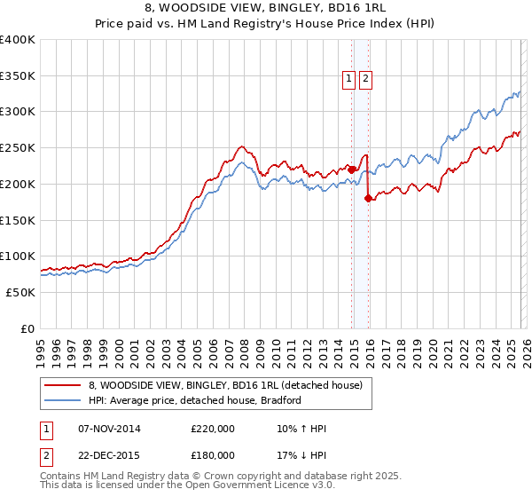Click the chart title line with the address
265,10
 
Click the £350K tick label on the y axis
18,76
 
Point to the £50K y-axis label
20,292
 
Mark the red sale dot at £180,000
369,199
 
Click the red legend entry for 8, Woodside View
225,386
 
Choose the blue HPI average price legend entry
195,400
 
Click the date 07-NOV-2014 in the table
109,429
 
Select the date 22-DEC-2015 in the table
109,454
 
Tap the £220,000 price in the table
213,429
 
